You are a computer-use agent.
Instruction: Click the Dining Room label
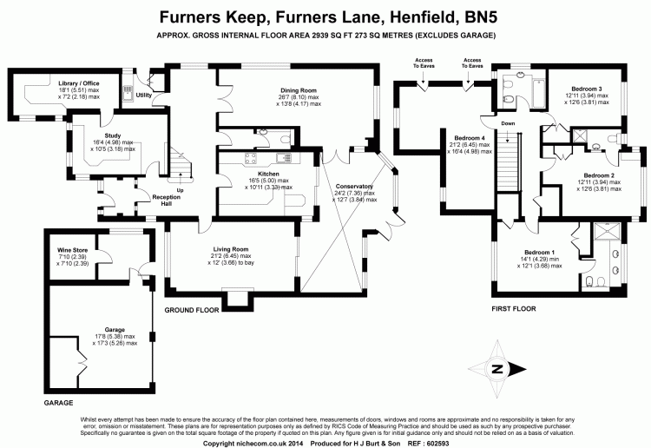[297, 90]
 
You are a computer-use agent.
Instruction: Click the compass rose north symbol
[497, 368]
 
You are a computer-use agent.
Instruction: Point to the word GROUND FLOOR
[191, 309]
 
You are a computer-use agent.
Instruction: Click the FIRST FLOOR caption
[514, 308]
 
